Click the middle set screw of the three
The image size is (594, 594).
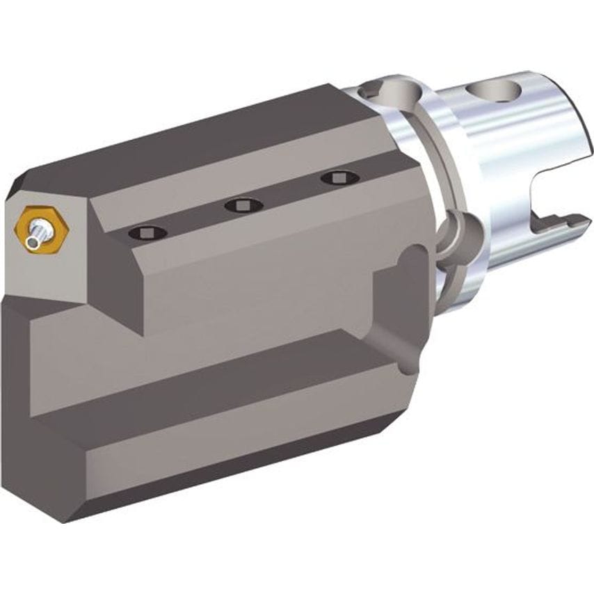point(243,205)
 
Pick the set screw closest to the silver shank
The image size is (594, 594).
point(339,178)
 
